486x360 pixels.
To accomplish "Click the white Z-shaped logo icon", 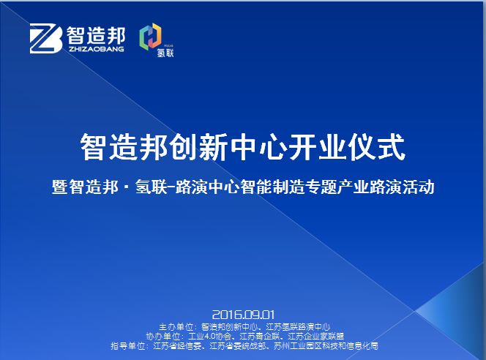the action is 46,39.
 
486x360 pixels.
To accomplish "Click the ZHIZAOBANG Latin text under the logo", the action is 97,49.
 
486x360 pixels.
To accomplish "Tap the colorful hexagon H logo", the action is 151,37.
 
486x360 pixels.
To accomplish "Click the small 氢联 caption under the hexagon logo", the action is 165,53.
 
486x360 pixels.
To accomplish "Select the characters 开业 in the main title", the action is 316,147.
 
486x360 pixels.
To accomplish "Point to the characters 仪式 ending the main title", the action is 376,147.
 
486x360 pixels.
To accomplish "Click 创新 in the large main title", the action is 198,147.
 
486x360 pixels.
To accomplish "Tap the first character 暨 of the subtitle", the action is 59,187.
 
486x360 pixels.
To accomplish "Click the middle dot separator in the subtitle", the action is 127,187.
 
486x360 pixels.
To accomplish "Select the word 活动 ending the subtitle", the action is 419,187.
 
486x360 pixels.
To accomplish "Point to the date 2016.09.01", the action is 243,315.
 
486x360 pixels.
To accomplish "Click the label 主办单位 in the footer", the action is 176,327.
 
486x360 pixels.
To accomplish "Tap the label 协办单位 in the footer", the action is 163,337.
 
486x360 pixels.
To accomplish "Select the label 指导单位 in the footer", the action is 128,346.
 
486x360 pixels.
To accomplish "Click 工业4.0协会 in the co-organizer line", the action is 210,337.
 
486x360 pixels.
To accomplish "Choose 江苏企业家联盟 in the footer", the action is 315,337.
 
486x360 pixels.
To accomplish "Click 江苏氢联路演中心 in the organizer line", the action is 298,327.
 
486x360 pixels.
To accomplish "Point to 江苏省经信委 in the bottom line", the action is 177,346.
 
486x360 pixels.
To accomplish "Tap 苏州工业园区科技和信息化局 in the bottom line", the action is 326,346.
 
